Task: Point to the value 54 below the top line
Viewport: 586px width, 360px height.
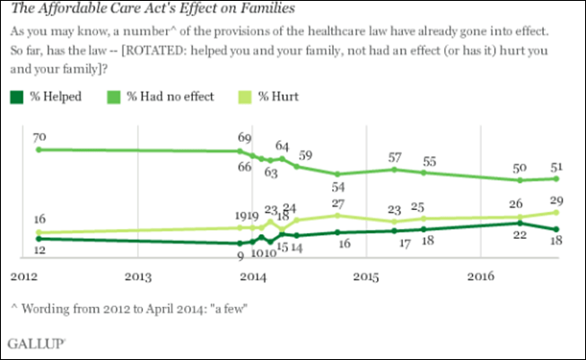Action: [339, 187]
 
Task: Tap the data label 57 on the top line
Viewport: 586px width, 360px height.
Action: [396, 157]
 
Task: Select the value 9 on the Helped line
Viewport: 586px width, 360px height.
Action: [240, 256]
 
